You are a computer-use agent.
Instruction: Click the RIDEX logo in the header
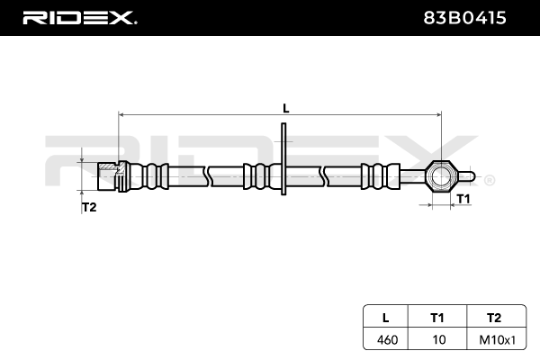pos(78,17)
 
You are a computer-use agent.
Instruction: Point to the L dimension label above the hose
pos(286,108)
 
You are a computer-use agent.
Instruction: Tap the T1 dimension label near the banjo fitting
pos(463,197)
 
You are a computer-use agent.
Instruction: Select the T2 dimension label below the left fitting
pos(89,207)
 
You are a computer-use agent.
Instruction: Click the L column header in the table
pos(386,317)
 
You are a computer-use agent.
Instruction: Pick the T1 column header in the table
pos(437,317)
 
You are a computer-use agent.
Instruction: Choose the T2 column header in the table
pos(492,317)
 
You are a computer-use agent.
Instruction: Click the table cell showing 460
pos(386,339)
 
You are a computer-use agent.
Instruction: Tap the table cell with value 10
pos(437,339)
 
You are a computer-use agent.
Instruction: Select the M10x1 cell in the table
pos(492,339)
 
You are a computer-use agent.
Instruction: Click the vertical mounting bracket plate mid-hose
pos(283,162)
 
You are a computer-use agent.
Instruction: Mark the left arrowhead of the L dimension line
pos(121,115)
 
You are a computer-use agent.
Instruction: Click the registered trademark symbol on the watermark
pos(489,180)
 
